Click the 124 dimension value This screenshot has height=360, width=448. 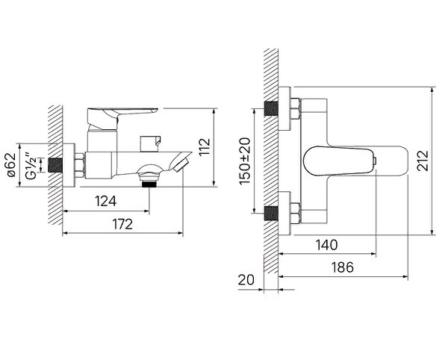pyautogui.click(x=106, y=201)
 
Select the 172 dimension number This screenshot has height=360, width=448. pyautogui.click(x=122, y=224)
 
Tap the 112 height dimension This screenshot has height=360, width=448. pyautogui.click(x=205, y=147)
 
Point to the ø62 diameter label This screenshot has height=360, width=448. pyautogui.click(x=12, y=165)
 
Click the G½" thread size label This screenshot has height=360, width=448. pyautogui.click(x=31, y=166)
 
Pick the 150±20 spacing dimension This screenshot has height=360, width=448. pyautogui.click(x=245, y=161)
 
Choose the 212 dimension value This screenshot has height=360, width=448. pyautogui.click(x=423, y=161)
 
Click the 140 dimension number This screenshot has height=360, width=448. pyautogui.click(x=326, y=245)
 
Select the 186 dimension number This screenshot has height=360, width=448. pyautogui.click(x=342, y=267)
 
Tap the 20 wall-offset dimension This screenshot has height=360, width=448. pyautogui.click(x=246, y=280)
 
